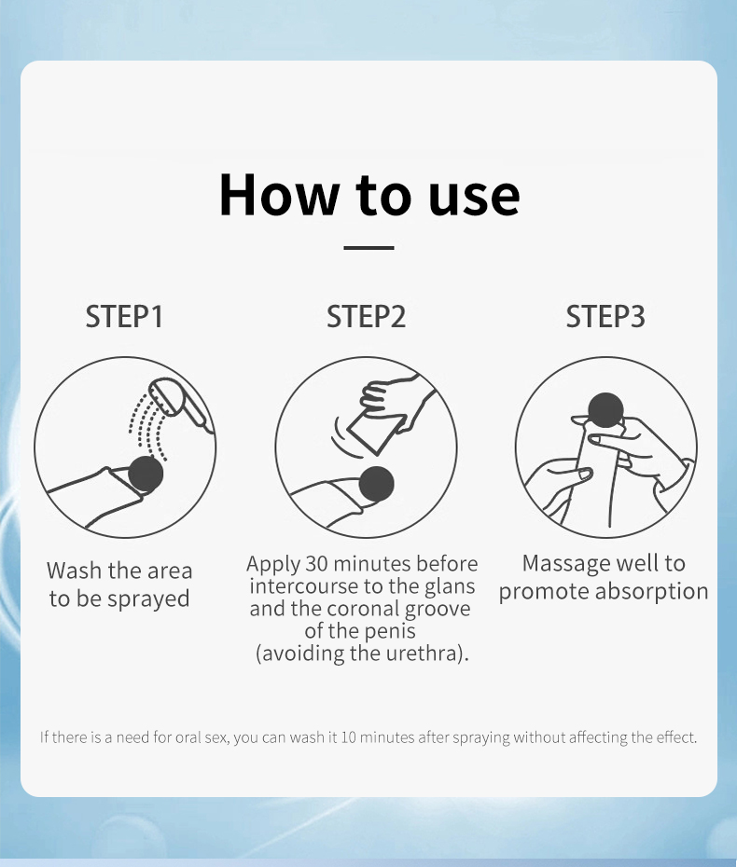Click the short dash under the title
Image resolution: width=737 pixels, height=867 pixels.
[368, 248]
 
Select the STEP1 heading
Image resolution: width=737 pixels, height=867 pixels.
[124, 316]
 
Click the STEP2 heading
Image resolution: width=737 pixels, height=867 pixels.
[366, 316]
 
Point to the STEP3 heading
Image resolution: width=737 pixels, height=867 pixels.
[605, 316]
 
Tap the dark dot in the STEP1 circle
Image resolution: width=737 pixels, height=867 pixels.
[146, 474]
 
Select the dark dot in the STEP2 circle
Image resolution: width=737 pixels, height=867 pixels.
[376, 484]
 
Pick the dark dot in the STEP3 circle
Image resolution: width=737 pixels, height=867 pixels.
[605, 410]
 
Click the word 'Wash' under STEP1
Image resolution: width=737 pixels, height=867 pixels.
[75, 571]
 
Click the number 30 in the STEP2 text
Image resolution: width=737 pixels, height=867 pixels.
[317, 564]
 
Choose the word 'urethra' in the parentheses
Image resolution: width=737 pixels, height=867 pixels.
[423, 654]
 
